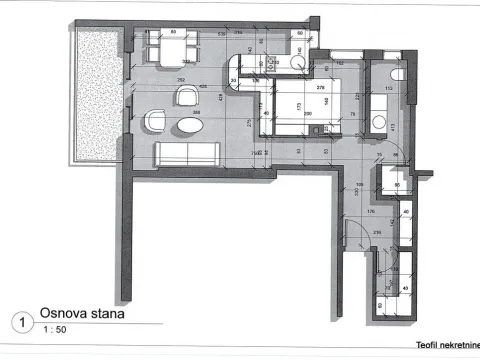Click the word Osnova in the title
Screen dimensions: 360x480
click(62, 312)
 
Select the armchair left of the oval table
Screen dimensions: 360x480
click(155, 121)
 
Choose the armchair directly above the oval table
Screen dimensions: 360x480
click(188, 95)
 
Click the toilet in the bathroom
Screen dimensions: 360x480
click(396, 78)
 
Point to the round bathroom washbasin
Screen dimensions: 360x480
click(378, 120)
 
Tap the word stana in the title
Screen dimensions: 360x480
click(105, 312)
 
